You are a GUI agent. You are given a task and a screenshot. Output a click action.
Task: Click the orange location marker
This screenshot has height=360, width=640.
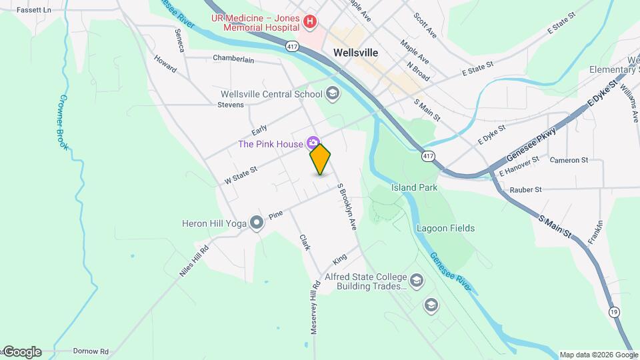tap(321, 159)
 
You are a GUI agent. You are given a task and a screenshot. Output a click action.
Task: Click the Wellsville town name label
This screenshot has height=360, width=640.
tap(355, 53)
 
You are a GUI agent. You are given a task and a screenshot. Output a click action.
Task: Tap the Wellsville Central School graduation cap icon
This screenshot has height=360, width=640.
tap(333, 94)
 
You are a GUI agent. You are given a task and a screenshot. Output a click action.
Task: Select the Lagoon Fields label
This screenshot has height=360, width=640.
tap(445, 228)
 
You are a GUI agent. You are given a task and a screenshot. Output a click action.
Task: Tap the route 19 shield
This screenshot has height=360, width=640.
tap(613, 311)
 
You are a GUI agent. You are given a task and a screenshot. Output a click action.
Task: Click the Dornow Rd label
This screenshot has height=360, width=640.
tap(91, 351)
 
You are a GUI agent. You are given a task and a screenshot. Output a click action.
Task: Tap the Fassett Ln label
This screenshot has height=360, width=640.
tap(33, 10)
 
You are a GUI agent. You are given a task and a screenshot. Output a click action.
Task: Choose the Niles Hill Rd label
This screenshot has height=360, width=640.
tap(194, 261)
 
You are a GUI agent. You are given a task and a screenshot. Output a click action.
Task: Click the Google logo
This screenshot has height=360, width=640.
tap(22, 352)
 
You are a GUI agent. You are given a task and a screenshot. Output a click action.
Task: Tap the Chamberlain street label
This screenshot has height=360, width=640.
tap(233, 59)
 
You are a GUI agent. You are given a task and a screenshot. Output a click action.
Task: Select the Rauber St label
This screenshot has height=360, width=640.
tap(525, 190)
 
